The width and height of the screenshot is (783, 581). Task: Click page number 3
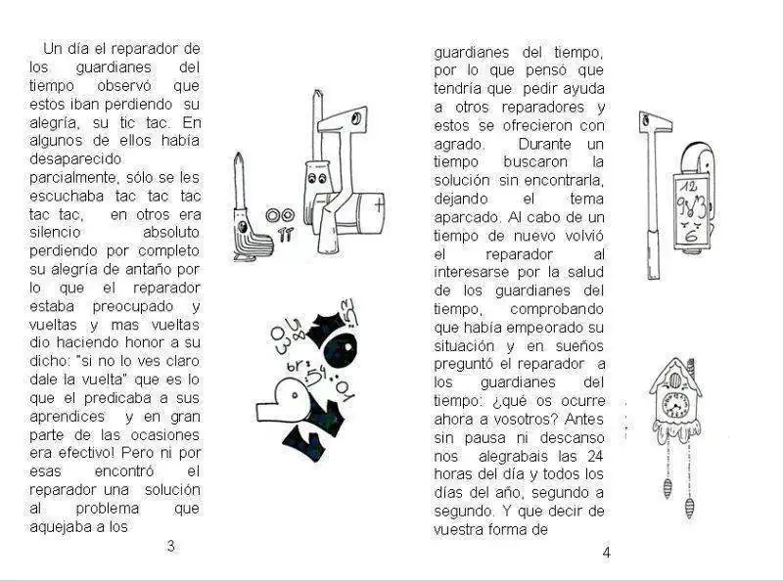(170, 546)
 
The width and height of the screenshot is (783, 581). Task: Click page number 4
(606, 552)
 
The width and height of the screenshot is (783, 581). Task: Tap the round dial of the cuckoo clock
(676, 403)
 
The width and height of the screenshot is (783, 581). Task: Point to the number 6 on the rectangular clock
(692, 234)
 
